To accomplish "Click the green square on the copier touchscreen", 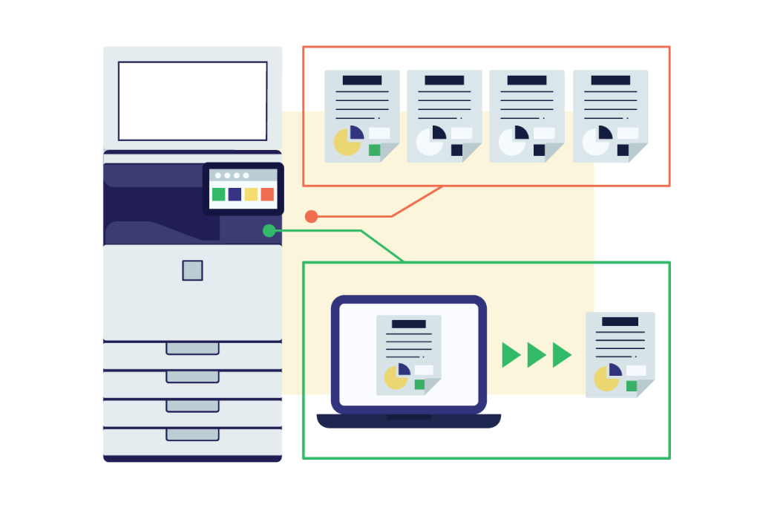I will point(218,195).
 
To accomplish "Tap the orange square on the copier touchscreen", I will point(267,195).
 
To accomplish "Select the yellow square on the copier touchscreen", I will point(251,195).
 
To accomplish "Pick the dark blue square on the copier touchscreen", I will point(235,195).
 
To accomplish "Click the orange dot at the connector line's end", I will point(311,217).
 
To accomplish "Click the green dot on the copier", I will point(269,231).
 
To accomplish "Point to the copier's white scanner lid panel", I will point(192,101).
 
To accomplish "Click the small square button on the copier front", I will point(192,270).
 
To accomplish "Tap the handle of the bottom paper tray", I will point(192,434).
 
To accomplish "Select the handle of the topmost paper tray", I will point(192,348).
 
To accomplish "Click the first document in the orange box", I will point(362,116).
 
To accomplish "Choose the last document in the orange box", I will point(610,116).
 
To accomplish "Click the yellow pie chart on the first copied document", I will point(347,142).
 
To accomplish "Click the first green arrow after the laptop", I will point(511,355).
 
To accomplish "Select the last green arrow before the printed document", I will point(562,355).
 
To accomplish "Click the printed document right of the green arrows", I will point(620,354).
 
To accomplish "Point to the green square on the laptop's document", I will point(420,384).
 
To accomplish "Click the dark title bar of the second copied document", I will point(445,80).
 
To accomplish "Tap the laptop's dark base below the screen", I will point(408,421).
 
